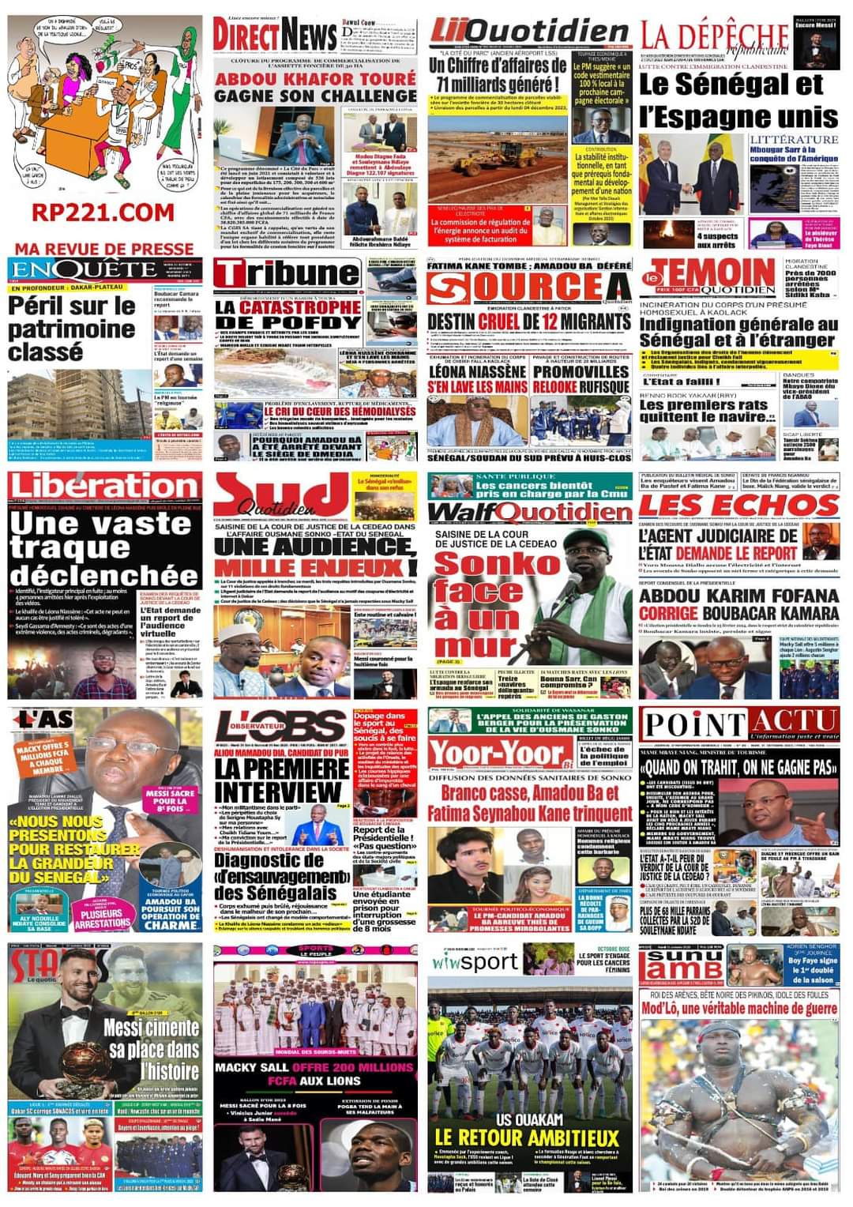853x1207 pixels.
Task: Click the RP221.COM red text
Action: (103, 212)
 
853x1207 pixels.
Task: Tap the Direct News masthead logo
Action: (275, 36)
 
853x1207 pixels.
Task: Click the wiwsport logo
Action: (475, 962)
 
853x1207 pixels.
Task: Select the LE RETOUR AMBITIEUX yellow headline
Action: (526, 1137)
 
